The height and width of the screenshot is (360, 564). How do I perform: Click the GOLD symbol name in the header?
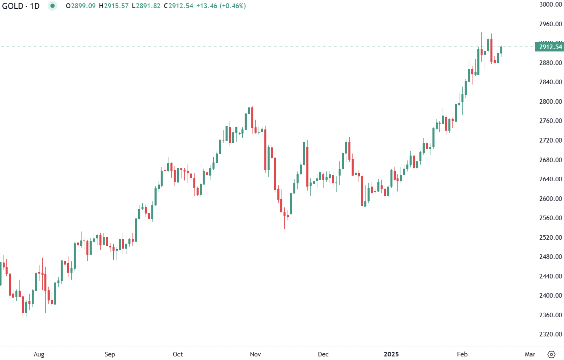click(x=13, y=6)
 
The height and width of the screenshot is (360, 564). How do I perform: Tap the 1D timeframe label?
click(x=35, y=6)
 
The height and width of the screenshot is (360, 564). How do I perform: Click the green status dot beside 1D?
click(x=53, y=6)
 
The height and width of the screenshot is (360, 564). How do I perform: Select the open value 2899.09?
click(x=81, y=6)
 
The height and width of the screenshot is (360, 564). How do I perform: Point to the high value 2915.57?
click(x=114, y=6)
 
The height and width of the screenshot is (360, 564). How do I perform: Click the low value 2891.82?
click(x=146, y=6)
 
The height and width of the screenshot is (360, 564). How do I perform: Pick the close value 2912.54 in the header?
click(x=179, y=6)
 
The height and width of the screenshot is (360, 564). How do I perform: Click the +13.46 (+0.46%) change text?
click(x=221, y=6)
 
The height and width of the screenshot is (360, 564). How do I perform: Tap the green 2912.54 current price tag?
click(x=550, y=47)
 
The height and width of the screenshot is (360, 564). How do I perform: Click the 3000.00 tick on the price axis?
click(x=550, y=4)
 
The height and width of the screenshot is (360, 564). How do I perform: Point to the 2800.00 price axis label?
click(x=550, y=101)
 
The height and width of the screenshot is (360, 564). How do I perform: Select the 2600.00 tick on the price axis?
click(x=550, y=199)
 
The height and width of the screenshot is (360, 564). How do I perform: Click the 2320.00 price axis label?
click(x=550, y=334)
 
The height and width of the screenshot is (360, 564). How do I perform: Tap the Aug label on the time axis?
click(x=39, y=354)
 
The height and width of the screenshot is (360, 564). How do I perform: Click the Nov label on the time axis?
click(x=255, y=354)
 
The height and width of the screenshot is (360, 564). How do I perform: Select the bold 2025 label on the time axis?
click(x=391, y=354)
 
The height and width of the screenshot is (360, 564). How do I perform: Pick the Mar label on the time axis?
click(x=530, y=354)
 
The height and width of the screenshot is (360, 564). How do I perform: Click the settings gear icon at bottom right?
click(x=551, y=354)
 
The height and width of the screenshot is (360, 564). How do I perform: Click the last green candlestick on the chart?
click(x=501, y=50)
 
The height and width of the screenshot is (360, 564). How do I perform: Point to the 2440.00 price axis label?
click(x=550, y=276)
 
